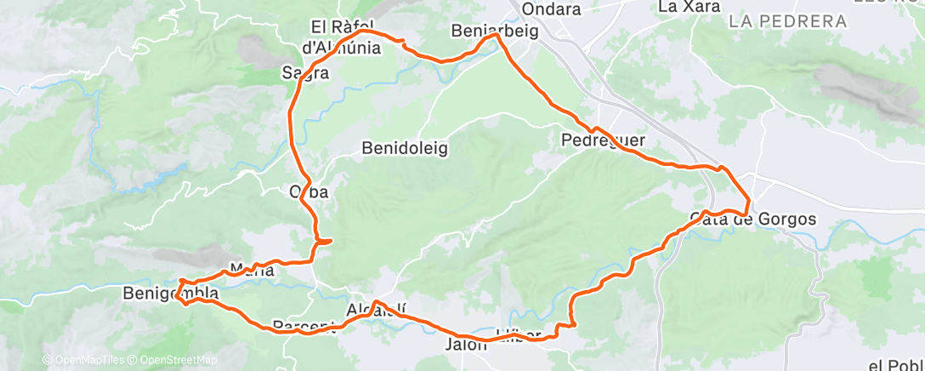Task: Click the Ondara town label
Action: click(552, 9)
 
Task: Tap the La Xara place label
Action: click(689, 7)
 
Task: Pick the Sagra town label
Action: click(305, 73)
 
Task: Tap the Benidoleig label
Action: click(405, 148)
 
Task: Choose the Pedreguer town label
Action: click(604, 140)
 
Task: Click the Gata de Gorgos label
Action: click(753, 220)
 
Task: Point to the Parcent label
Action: click(304, 326)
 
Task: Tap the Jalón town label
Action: click(466, 345)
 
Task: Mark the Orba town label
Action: click(309, 192)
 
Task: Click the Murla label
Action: click(252, 271)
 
